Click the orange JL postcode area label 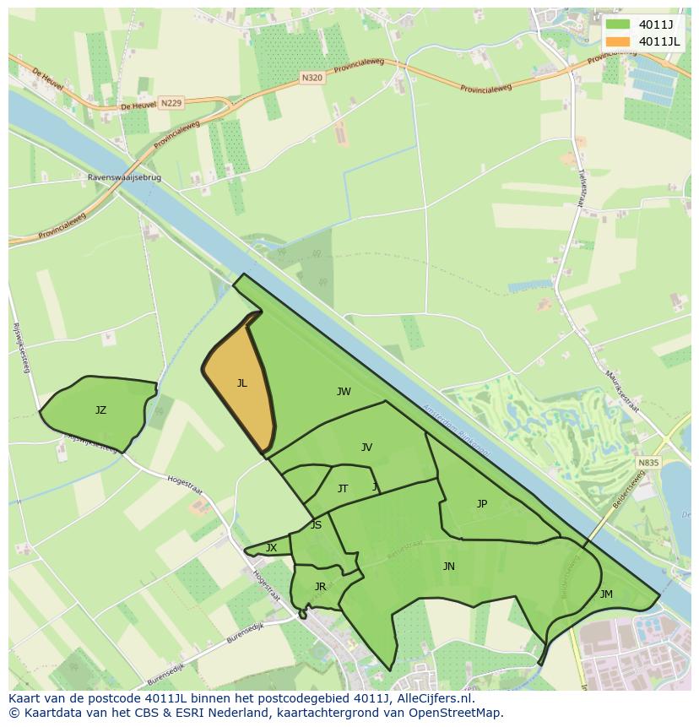[x=241, y=383]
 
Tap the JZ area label [x=100, y=410]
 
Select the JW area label [x=344, y=392]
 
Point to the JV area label [x=366, y=448]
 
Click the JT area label [x=343, y=489]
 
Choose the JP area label [x=482, y=504]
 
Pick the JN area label [x=449, y=567]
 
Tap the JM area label [x=606, y=594]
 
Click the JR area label [x=320, y=587]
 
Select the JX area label [x=271, y=548]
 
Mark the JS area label [x=316, y=525]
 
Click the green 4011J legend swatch [x=619, y=24]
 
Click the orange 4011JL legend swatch [x=619, y=41]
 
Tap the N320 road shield [x=312, y=77]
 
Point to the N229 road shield [x=171, y=103]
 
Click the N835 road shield [x=648, y=463]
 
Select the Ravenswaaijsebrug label [x=124, y=178]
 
